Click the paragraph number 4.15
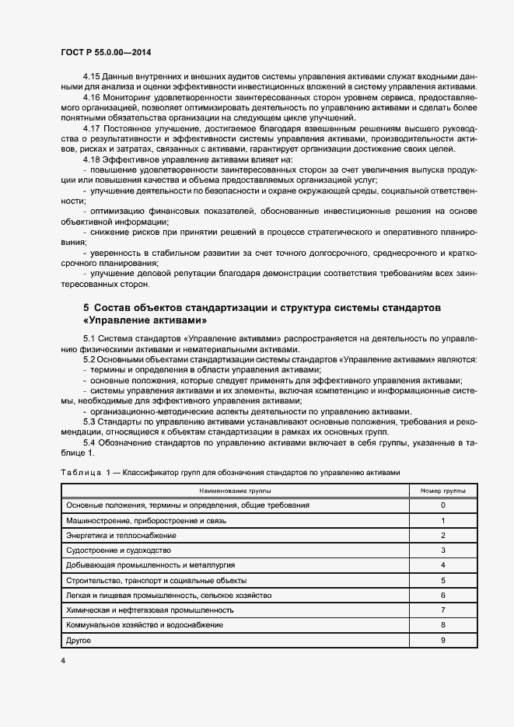[91, 76]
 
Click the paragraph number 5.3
[89, 421]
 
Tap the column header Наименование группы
[234, 491]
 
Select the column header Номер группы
[442, 491]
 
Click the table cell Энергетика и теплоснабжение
[121, 536]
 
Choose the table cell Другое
[79, 640]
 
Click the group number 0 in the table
[442, 505]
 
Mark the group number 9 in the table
[442, 640]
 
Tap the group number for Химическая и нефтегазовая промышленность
[442, 610]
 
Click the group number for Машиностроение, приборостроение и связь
[442, 521]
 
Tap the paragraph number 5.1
[89, 339]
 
